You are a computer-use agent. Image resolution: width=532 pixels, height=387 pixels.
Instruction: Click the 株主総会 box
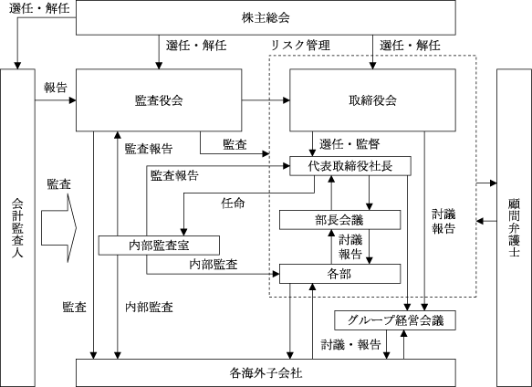pos(266,17)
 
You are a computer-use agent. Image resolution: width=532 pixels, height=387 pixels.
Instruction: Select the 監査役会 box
pos(159,100)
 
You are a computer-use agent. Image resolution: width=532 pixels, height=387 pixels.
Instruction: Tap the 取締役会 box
pos(372,100)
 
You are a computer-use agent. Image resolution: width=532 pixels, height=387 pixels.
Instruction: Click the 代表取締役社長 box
pos(350,166)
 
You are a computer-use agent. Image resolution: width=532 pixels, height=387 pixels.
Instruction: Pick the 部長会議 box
pos(339,220)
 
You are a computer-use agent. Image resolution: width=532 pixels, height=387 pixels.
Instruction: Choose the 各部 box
pos(339,274)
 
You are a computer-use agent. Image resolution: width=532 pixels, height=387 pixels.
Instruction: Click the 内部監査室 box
pos(159,246)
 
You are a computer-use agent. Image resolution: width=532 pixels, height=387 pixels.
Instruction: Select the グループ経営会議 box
pos(395,320)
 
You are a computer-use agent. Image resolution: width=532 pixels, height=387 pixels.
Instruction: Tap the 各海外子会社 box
pos(266,372)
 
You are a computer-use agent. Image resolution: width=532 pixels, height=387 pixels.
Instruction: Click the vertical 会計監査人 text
pos(17,228)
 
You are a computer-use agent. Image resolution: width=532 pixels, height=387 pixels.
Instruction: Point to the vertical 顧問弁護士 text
pos(515,228)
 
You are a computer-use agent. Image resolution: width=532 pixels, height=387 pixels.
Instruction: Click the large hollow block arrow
pos(59,228)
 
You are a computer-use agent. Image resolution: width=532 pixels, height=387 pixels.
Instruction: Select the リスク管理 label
pos(300,45)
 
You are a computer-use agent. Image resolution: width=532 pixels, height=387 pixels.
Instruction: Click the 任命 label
pos(233,204)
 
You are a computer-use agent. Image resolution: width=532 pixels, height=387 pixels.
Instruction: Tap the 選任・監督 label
pos(349,144)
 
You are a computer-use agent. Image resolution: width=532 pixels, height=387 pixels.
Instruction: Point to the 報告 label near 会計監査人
pos(56,88)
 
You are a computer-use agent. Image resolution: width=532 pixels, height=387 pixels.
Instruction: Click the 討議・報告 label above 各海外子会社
pos(351,345)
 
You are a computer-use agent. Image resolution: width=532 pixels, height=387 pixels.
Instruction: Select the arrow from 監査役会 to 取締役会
pos(266,100)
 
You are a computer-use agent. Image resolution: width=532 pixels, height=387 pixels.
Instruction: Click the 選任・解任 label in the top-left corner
pos(39,8)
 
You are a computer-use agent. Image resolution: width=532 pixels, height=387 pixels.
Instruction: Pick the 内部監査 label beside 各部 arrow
pos(213,265)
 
